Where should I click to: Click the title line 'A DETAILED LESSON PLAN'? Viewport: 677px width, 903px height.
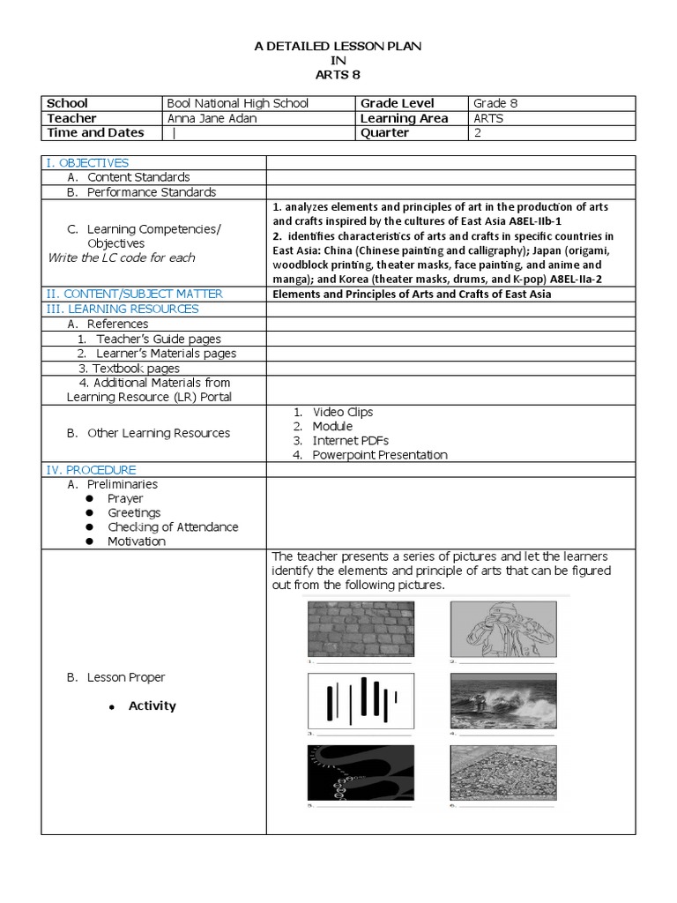pos(338,46)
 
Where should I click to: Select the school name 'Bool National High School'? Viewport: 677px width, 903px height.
pos(237,103)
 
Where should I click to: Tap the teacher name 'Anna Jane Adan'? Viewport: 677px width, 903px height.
pos(212,118)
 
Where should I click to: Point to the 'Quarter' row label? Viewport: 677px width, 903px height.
pos(384,133)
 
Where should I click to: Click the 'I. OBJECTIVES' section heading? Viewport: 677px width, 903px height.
pos(86,162)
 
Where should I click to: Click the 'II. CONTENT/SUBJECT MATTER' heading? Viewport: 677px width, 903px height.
pos(134,294)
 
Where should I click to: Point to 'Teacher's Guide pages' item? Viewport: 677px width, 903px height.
pos(159,339)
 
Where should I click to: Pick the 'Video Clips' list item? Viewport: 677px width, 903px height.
pos(342,412)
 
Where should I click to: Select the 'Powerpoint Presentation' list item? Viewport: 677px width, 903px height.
pos(379,455)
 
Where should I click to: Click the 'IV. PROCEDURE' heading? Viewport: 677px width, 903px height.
pos(91,470)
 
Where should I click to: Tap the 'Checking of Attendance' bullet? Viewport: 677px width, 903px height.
pos(173,526)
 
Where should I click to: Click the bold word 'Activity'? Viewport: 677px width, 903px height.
pos(152,705)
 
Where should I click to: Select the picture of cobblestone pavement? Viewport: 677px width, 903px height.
pos(361,629)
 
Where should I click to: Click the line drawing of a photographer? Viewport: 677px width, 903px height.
pos(502,629)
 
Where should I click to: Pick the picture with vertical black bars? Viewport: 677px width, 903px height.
pos(361,701)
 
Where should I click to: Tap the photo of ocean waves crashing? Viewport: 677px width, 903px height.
pos(502,701)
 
